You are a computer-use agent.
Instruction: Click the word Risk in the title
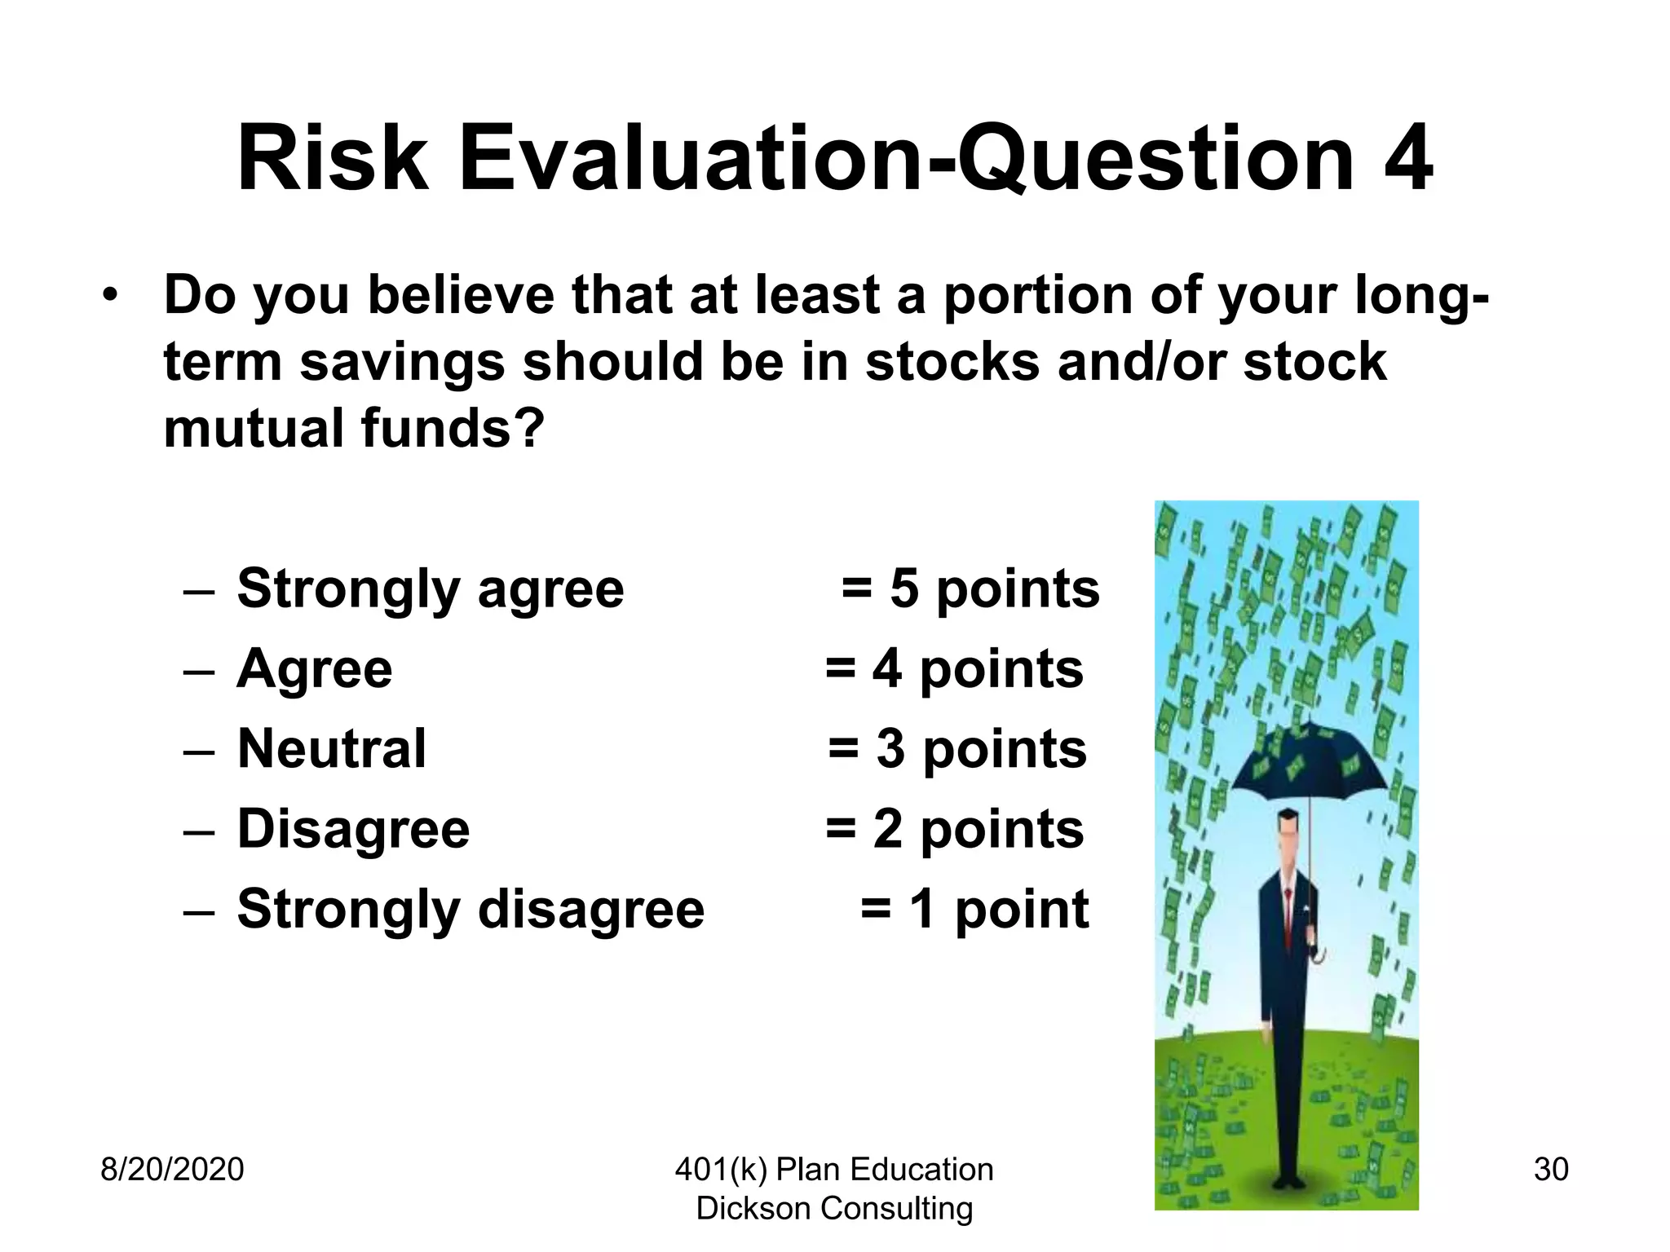pyautogui.click(x=333, y=159)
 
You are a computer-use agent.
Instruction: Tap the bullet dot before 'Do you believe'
pyautogui.click(x=111, y=295)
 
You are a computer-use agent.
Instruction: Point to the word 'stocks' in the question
pyautogui.click(x=952, y=362)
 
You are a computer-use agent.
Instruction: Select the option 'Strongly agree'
pyautogui.click(x=430, y=589)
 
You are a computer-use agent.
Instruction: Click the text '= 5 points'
pyautogui.click(x=970, y=589)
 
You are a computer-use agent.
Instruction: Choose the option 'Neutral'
pyautogui.click(x=331, y=749)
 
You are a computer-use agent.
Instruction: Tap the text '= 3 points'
pyautogui.click(x=957, y=749)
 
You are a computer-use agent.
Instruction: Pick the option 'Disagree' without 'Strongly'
pyautogui.click(x=353, y=830)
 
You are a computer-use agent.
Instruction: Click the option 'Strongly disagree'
pyautogui.click(x=471, y=910)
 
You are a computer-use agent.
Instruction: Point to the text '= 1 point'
pyautogui.click(x=974, y=910)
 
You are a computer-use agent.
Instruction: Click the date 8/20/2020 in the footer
pyautogui.click(x=172, y=1170)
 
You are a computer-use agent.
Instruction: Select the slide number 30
pyautogui.click(x=1551, y=1170)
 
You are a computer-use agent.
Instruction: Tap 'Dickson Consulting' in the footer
pyautogui.click(x=834, y=1209)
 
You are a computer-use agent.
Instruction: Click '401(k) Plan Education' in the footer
pyautogui.click(x=834, y=1170)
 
